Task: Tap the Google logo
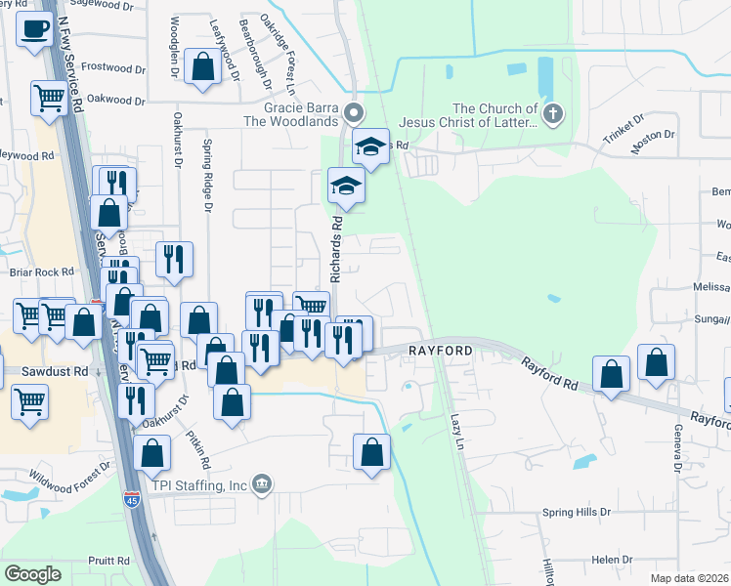coord(32,574)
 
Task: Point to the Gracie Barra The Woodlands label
coord(300,114)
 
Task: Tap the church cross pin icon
coord(552,114)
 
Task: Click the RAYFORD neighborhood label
coord(441,349)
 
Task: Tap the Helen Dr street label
coord(612,560)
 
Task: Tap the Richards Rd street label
coord(335,250)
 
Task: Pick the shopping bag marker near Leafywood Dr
coord(203,67)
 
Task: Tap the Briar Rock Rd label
coord(41,272)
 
